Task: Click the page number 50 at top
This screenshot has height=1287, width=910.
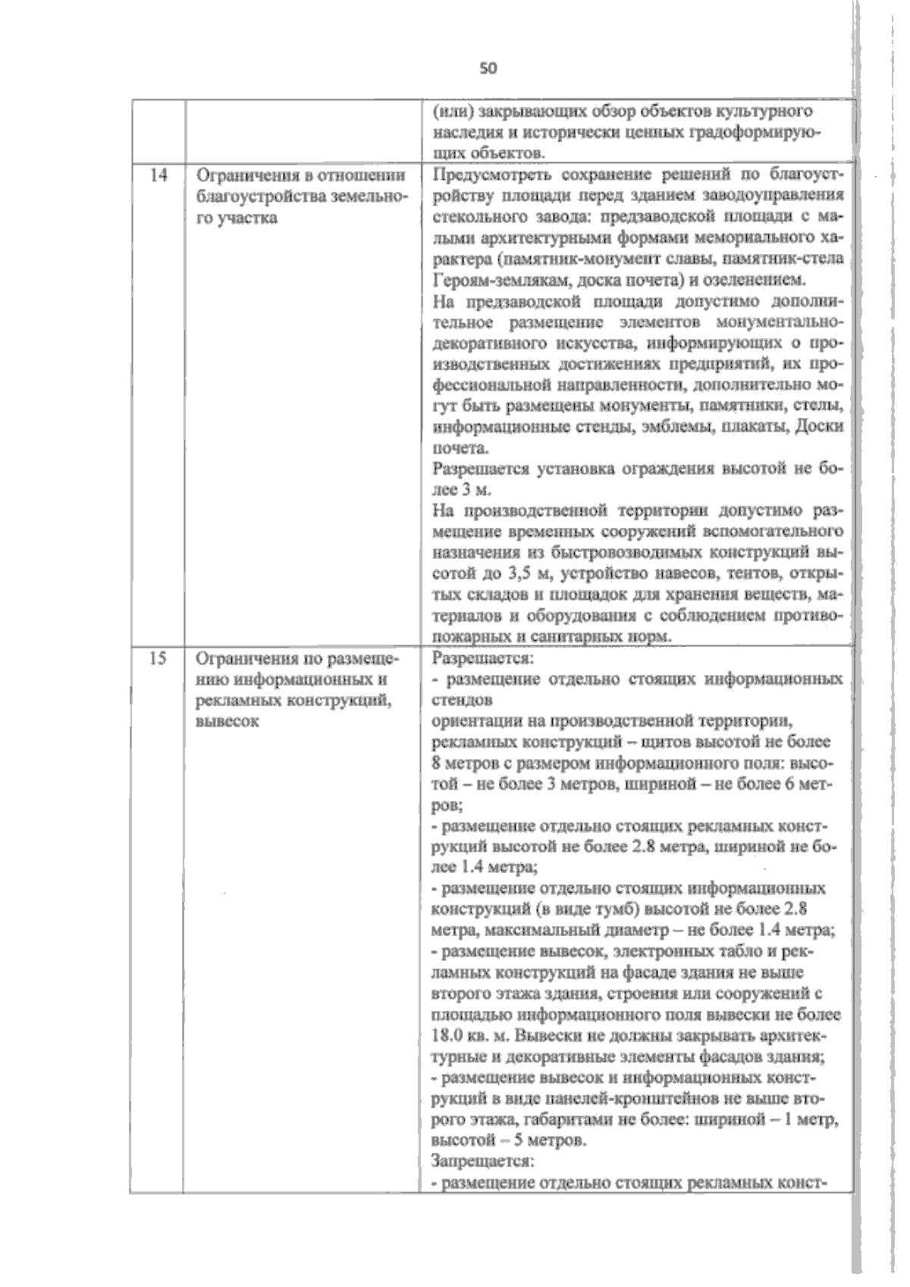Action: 488,68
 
